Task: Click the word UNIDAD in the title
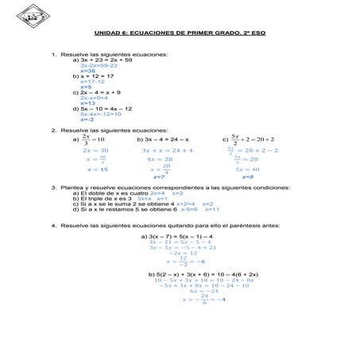point(106,33)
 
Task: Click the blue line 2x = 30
point(95,150)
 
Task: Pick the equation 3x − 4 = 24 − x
point(168,139)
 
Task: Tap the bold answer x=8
point(246,177)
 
